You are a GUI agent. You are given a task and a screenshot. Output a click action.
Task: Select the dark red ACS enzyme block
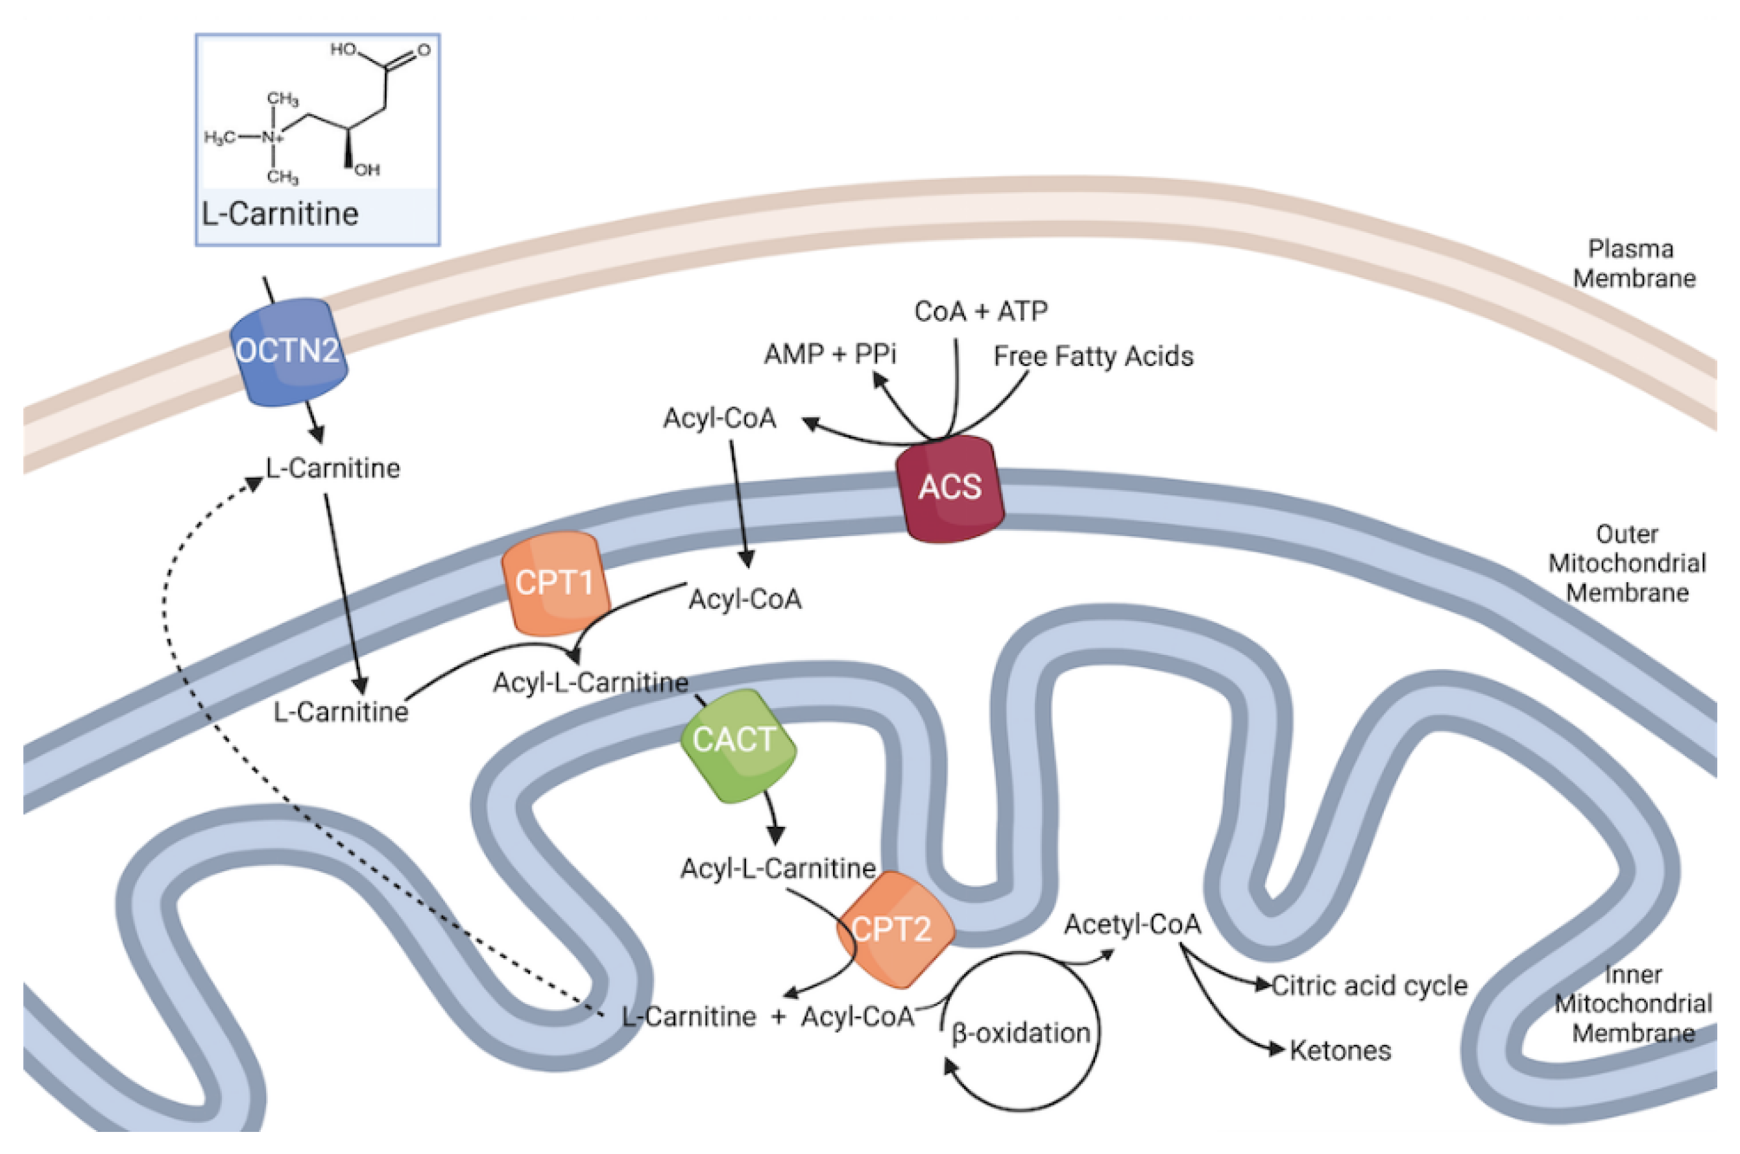tap(949, 487)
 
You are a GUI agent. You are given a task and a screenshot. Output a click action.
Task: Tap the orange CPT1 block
tap(554, 582)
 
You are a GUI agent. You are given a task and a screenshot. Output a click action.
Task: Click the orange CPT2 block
tap(893, 929)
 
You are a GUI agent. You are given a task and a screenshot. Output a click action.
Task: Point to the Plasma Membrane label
tap(1634, 264)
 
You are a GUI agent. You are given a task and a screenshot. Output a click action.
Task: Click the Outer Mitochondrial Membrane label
tap(1626, 563)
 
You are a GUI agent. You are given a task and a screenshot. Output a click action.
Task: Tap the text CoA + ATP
tap(981, 312)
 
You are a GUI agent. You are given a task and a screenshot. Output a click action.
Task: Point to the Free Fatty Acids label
tap(1093, 356)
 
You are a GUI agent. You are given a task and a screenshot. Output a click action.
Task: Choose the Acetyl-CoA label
tap(1132, 924)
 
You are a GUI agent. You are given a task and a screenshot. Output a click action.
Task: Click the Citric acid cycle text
tap(1369, 985)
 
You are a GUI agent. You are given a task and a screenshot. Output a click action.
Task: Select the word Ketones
tap(1340, 1050)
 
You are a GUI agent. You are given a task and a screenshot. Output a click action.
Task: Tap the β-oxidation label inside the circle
tap(1021, 1033)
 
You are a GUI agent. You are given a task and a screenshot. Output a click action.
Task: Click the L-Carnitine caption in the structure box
tap(280, 214)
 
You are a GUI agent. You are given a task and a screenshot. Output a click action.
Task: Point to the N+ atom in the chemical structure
tap(272, 138)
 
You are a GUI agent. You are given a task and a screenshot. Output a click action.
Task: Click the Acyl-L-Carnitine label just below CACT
tap(778, 868)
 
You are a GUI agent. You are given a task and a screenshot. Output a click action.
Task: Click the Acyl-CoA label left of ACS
tap(719, 418)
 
